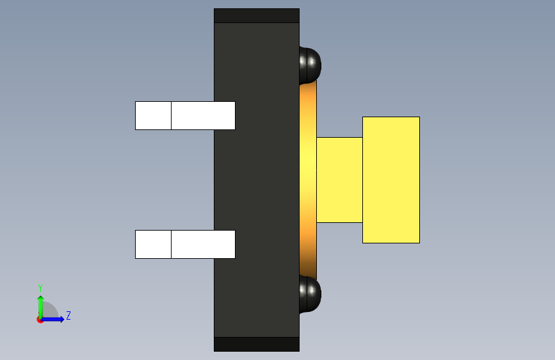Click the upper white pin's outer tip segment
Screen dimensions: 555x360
pyautogui.click(x=153, y=115)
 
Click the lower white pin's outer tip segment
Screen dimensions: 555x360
pyautogui.click(x=153, y=244)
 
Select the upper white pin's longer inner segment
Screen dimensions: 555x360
pyautogui.click(x=203, y=115)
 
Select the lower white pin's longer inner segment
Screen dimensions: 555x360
pyautogui.click(x=203, y=244)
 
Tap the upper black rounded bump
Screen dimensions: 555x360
pyautogui.click(x=310, y=65)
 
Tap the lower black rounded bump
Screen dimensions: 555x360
pyautogui.click(x=310, y=294)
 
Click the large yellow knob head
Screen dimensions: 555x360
pyautogui.click(x=391, y=180)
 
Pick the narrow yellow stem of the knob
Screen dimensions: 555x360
pyautogui.click(x=339, y=180)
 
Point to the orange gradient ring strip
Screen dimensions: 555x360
pyautogui.click(x=308, y=180)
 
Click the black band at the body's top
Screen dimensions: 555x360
pyautogui.click(x=257, y=15)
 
